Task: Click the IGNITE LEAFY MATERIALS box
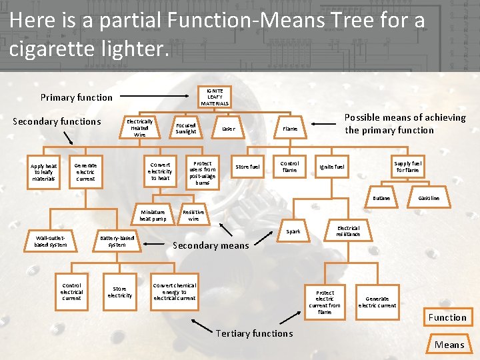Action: coord(215,97)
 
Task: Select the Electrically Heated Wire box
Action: coord(139,128)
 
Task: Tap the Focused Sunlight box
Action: coord(186,128)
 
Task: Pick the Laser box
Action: coord(229,129)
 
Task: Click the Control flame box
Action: coord(289,167)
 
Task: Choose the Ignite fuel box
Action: coord(332,167)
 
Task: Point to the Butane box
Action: coord(381,198)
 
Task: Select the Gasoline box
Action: coord(429,198)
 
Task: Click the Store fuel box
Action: coord(247,167)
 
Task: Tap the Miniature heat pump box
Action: coord(153,215)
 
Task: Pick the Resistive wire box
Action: coord(193,215)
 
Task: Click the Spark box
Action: coord(293,232)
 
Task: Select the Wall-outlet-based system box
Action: coord(51,241)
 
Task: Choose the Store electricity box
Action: coord(120,292)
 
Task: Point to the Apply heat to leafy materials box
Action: coord(43,172)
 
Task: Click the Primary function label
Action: coord(77,97)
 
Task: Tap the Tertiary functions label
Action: coord(254,333)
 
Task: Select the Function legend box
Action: coord(447,317)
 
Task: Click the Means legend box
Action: coord(449,344)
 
